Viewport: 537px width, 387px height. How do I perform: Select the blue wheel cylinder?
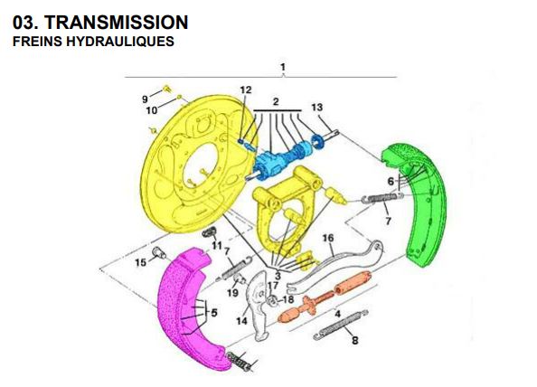[271, 165]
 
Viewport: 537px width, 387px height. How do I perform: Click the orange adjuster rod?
[322, 299]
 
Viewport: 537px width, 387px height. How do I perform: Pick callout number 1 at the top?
[283, 67]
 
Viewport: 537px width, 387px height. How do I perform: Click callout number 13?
[316, 107]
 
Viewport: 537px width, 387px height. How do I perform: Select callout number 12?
[246, 89]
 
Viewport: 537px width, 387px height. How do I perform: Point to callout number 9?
[144, 98]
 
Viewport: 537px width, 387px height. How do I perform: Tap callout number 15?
[139, 262]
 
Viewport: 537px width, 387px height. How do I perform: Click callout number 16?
[329, 238]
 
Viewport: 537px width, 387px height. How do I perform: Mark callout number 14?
[242, 319]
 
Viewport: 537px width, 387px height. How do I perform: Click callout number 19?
[232, 293]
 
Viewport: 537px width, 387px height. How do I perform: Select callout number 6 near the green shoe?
[391, 182]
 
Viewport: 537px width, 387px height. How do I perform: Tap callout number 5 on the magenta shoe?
[214, 313]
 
